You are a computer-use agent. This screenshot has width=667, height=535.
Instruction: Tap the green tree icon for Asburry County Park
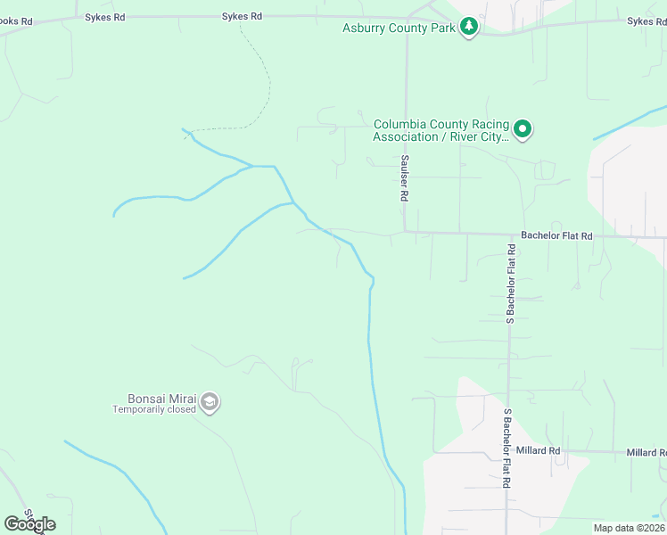coord(469,29)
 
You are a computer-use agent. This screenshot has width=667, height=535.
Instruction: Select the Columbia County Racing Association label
coord(441,124)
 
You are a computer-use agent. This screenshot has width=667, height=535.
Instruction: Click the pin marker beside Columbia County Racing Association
coord(523,130)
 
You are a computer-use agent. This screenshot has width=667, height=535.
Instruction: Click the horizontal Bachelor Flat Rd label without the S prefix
coord(556,236)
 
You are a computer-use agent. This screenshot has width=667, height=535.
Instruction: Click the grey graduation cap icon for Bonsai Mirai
coord(210,403)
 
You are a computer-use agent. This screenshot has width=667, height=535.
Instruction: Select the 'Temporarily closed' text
coord(152,410)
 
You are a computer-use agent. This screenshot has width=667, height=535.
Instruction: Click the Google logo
coord(29,524)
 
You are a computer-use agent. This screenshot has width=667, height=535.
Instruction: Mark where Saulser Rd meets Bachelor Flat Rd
coord(406,234)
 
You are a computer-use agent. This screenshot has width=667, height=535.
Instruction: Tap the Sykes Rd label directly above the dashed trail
coord(243,16)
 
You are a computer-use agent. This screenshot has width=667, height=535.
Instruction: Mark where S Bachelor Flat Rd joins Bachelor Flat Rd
coord(510,237)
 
